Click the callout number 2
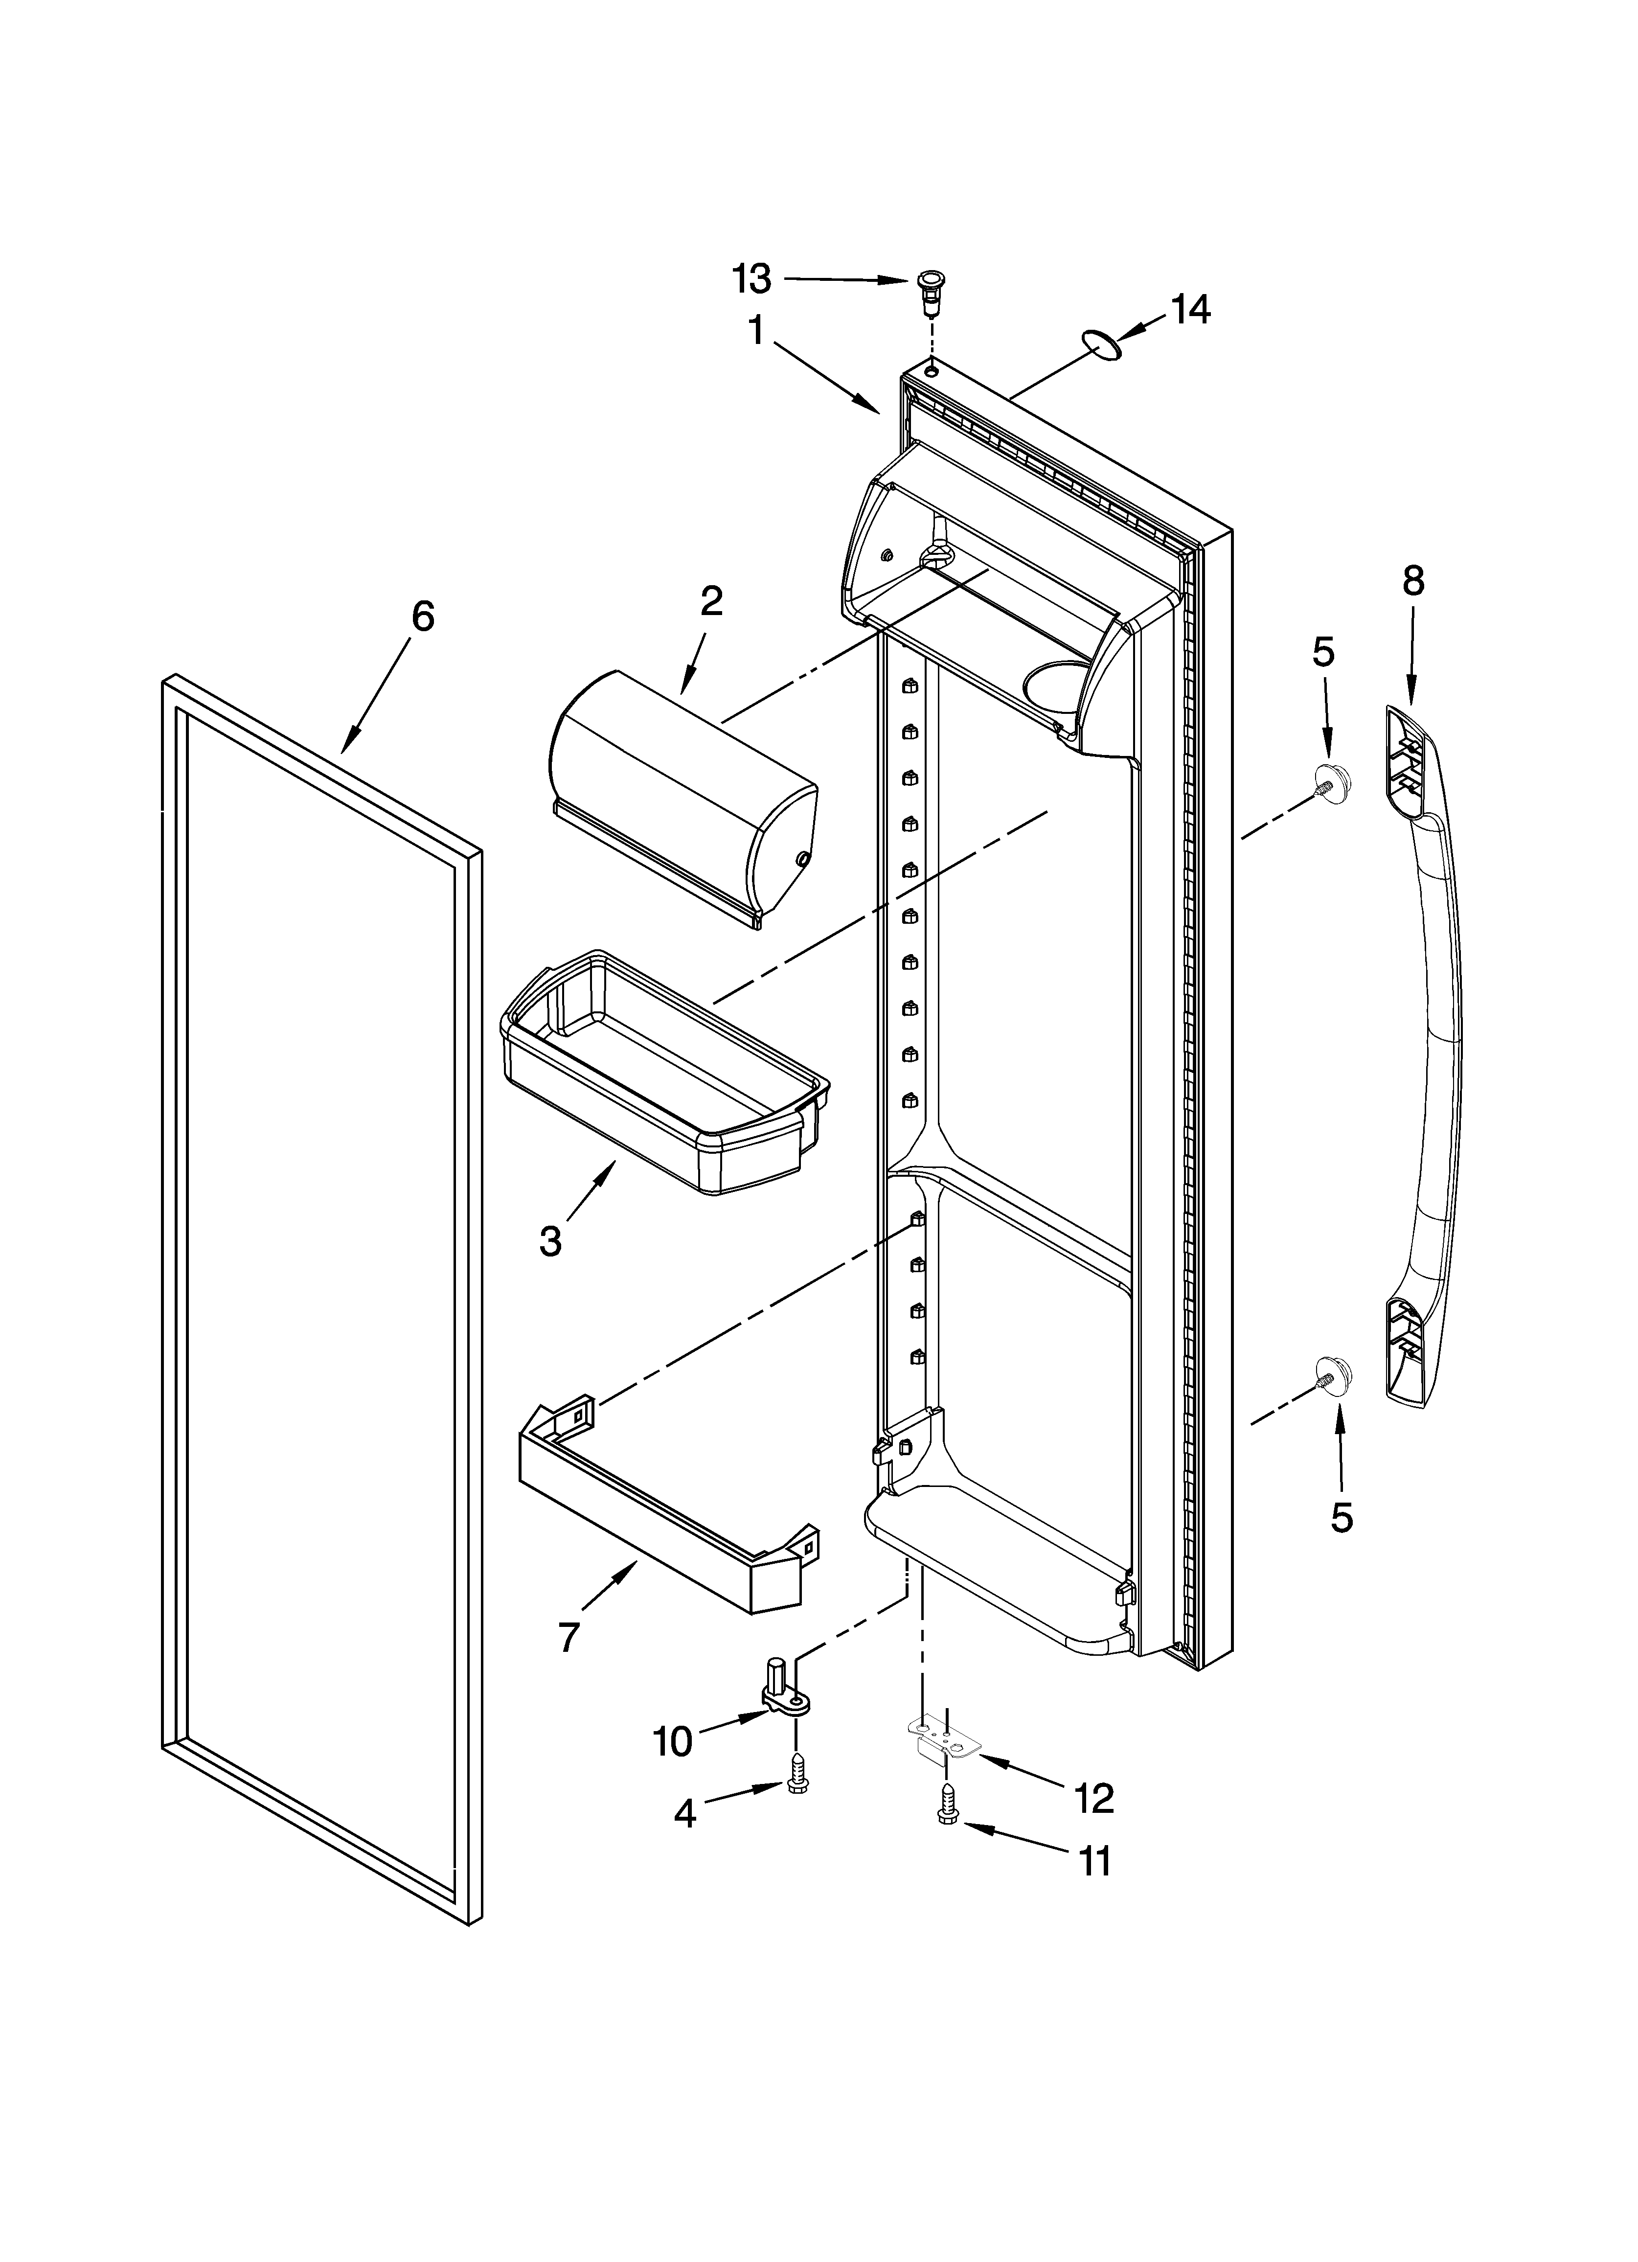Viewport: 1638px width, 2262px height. click(711, 601)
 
